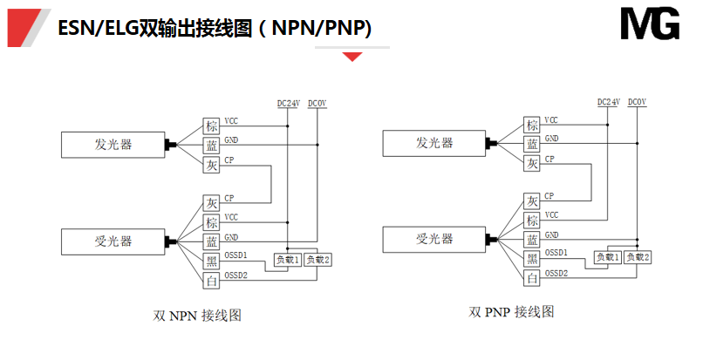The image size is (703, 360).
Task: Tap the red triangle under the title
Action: tap(352, 57)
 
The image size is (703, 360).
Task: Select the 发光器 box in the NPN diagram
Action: tap(113, 144)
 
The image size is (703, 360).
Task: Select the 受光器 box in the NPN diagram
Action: tap(113, 240)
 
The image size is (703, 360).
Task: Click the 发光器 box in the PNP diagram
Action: tap(434, 143)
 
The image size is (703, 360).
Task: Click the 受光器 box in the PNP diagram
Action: tap(434, 239)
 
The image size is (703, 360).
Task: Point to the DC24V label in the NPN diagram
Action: tap(289, 103)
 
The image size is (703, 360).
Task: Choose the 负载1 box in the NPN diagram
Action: tap(288, 260)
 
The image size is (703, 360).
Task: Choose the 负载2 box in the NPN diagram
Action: tap(317, 260)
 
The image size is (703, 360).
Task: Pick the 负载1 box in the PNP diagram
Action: tap(607, 257)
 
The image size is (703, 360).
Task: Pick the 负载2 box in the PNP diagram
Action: tap(637, 257)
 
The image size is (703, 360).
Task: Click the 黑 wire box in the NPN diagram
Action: tap(212, 261)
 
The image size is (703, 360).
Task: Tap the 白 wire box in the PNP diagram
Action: tap(532, 278)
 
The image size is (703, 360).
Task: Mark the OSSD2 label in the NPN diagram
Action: tap(235, 275)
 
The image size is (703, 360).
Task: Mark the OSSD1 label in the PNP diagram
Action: tap(556, 253)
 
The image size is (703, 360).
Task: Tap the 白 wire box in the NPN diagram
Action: tap(212, 280)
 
